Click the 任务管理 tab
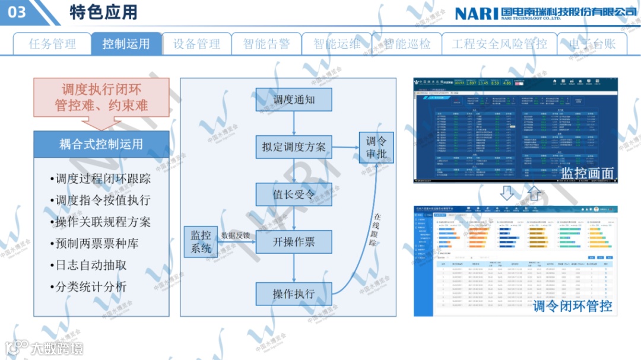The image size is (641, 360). pos(52,44)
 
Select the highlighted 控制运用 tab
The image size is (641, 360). pos(126,44)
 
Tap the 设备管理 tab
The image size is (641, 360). pos(196,44)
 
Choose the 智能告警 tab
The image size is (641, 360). pos(266,44)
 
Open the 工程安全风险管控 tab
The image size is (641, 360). pos(499,44)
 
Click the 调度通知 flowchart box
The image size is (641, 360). pos(294,100)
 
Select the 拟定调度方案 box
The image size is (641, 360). pos(294,146)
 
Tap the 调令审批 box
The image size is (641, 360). pos(376,148)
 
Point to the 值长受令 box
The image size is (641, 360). pos(294,195)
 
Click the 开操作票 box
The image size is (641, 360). pos(294,242)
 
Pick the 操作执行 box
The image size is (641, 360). pos(294,294)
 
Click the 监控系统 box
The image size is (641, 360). pos(201,242)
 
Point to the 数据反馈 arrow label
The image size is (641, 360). pos(236,235)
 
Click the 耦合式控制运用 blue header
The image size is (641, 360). pos(101,144)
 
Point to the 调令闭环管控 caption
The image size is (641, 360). pos(572,306)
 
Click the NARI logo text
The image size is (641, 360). pos(476,13)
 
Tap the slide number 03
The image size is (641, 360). pos(18,12)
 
